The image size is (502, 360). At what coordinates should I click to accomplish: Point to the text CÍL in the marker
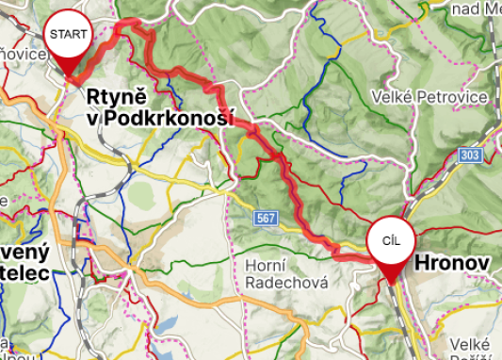pyautogui.click(x=391, y=240)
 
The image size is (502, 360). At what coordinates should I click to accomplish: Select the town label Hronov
pyautogui.click(x=453, y=264)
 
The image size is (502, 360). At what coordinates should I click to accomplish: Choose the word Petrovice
pyautogui.click(x=458, y=97)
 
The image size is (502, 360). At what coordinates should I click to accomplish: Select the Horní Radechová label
pyautogui.click(x=285, y=273)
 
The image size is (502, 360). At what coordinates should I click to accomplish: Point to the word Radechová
pyautogui.click(x=285, y=282)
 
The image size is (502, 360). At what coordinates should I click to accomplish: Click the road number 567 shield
pyautogui.click(x=267, y=219)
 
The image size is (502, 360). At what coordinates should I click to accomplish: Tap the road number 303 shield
pyautogui.click(x=471, y=155)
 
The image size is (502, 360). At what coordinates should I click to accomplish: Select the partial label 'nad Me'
pyautogui.click(x=476, y=9)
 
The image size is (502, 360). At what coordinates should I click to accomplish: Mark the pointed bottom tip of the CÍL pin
pyautogui.click(x=391, y=282)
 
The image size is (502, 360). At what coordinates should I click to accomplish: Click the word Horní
pyautogui.click(x=266, y=265)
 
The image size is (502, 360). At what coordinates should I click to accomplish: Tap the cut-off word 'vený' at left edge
pyautogui.click(x=24, y=252)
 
